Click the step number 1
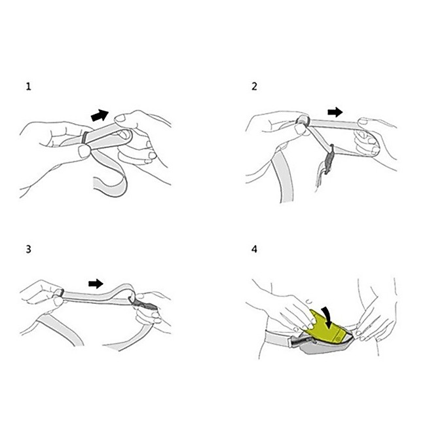click(28, 86)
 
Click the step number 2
click(254, 86)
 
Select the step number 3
click(28, 250)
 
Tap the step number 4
click(254, 249)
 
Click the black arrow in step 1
click(100, 115)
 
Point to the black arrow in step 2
click(335, 112)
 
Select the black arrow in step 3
click(96, 284)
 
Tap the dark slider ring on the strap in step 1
click(85, 138)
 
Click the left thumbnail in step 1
click(84, 151)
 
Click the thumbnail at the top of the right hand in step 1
click(120, 119)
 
